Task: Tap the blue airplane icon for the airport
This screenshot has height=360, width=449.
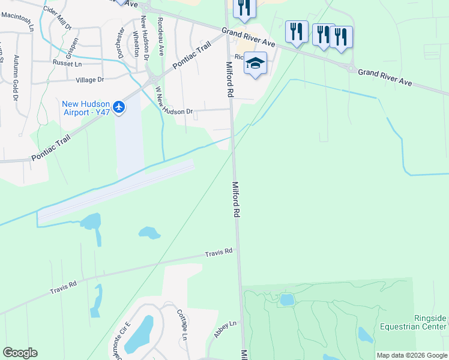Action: tap(119, 107)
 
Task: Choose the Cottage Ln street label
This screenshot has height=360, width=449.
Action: tap(182, 325)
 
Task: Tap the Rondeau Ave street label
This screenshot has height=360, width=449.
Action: tap(160, 36)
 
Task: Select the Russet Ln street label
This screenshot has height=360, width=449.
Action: tap(67, 63)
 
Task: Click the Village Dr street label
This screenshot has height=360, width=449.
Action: tap(89, 79)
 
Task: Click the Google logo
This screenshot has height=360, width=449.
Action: tap(20, 353)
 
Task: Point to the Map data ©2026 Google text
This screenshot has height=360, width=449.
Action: tap(412, 355)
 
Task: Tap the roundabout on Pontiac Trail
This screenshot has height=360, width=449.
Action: tap(152, 78)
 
